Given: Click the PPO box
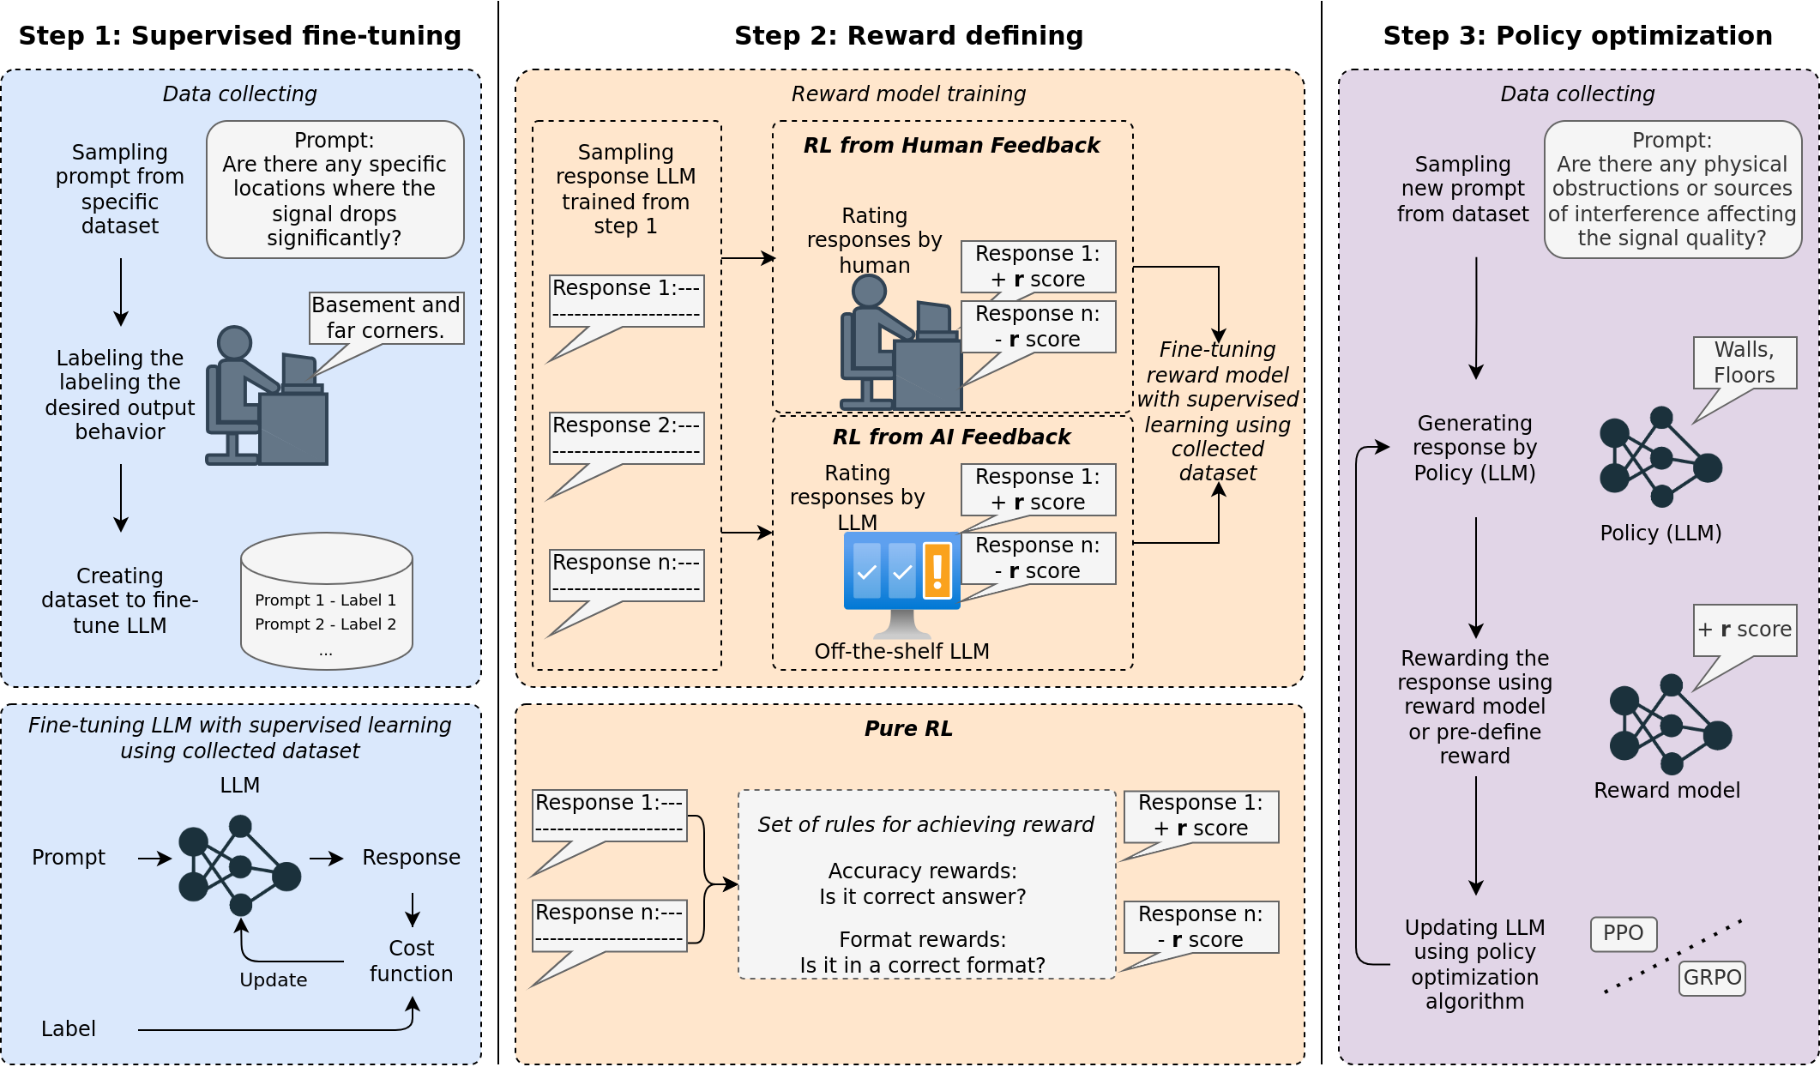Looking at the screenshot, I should tap(1623, 934).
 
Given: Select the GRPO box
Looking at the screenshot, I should tap(1712, 978).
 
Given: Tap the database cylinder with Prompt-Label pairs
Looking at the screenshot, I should tap(326, 601).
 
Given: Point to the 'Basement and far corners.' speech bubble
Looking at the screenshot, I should tap(386, 318).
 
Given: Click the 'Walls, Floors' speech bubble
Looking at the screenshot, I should tap(1745, 363).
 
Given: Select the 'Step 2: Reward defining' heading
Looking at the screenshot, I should tap(908, 36).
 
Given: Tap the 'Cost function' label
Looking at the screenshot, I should tap(412, 961).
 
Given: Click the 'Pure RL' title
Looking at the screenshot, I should tap(908, 729).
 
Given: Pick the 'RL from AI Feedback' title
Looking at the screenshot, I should tap(951, 437).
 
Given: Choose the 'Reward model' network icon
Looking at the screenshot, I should tap(1670, 725).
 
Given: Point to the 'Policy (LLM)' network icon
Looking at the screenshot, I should tap(1660, 456).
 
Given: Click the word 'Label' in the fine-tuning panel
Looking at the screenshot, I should tap(69, 1028).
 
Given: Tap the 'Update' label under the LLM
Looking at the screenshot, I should tap(273, 980).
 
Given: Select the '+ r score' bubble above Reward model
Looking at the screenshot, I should tap(1745, 630).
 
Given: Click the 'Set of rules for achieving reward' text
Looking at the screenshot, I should tap(925, 825).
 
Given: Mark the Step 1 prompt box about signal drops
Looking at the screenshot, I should tap(334, 190).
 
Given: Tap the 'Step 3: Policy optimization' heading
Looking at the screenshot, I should tap(1577, 36).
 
